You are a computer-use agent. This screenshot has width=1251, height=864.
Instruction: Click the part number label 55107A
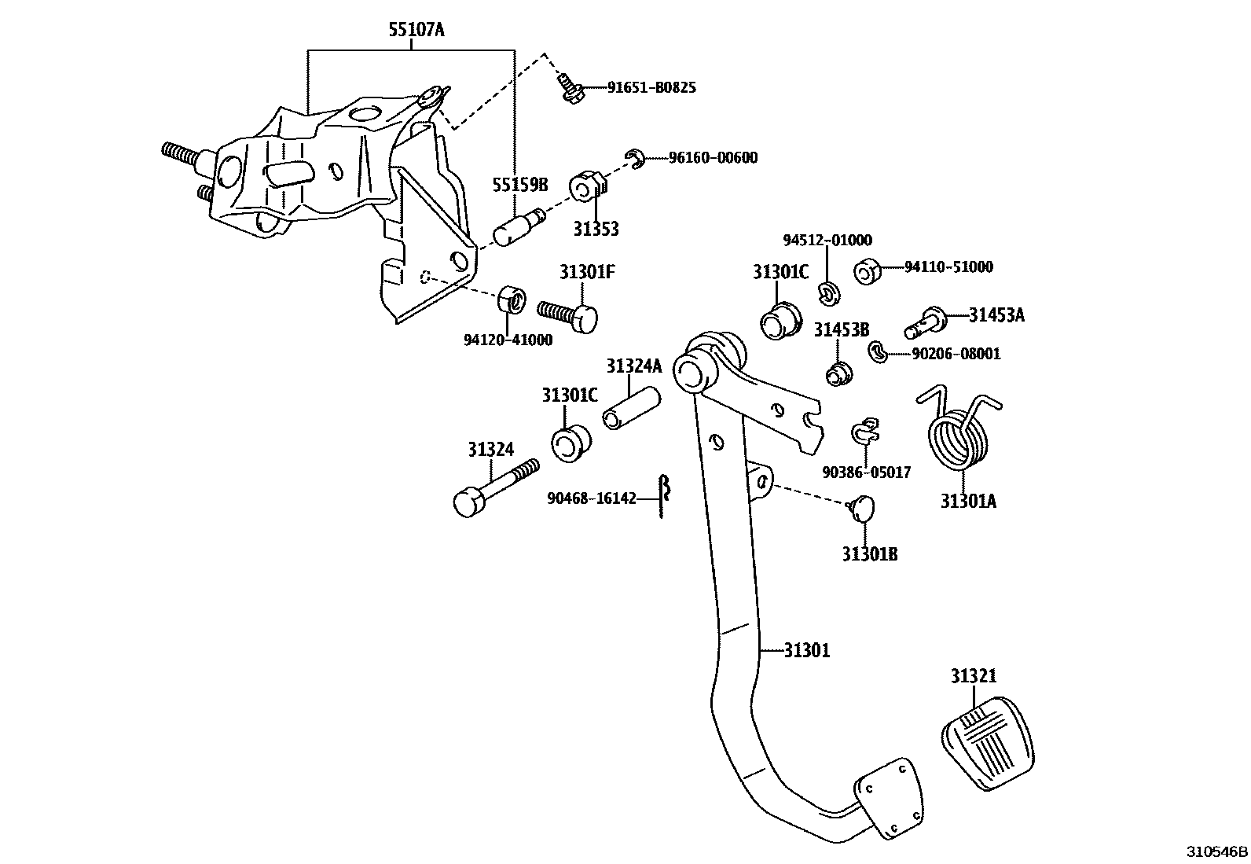tap(416, 31)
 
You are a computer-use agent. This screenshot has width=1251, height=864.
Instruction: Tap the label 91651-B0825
tap(651, 87)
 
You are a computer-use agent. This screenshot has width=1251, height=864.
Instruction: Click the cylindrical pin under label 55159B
tap(515, 226)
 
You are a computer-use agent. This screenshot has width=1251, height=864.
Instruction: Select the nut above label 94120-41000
tap(511, 300)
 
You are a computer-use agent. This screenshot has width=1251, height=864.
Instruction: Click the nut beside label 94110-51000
tap(866, 271)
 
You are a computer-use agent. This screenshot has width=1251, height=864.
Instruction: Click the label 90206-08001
tap(956, 354)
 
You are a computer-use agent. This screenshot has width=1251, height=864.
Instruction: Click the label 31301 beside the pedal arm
tap(806, 651)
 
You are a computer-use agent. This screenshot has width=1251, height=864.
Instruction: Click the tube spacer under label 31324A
tap(630, 407)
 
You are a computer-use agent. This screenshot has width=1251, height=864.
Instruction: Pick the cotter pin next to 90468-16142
tap(663, 497)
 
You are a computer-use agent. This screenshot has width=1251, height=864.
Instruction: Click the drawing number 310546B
tap(1216, 851)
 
